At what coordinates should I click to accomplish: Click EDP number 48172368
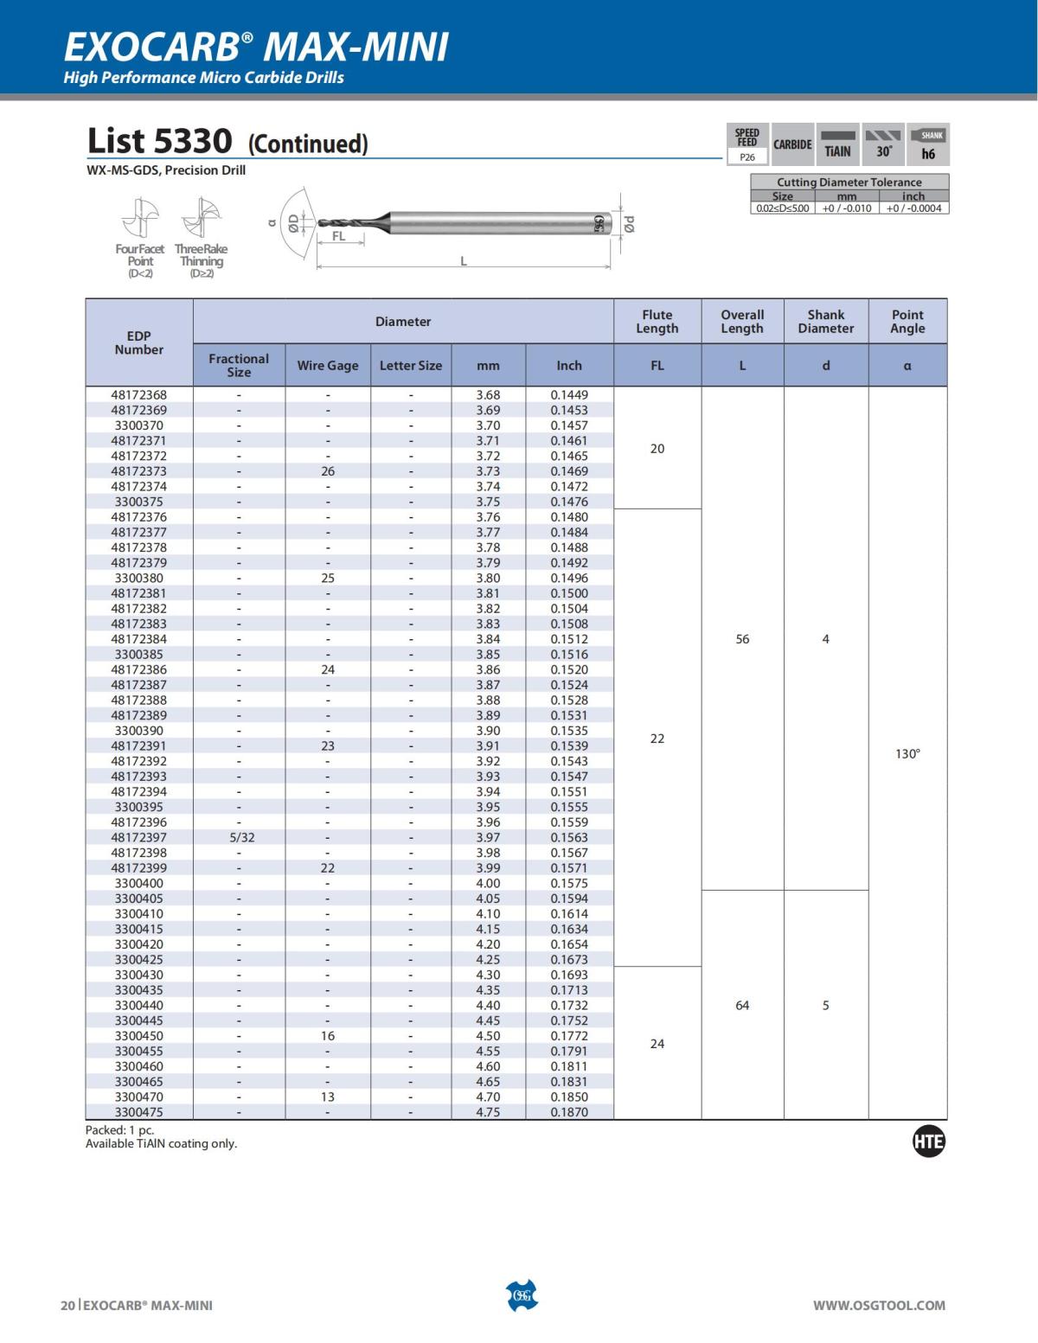[x=138, y=394]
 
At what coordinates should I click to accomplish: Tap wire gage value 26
[x=328, y=471]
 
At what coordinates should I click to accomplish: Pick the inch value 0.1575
[x=569, y=883]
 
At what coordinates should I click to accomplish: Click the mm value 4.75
[x=488, y=1112]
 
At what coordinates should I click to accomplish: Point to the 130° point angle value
[x=907, y=754]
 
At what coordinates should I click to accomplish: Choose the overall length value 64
[x=742, y=1005]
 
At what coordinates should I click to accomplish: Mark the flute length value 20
[x=657, y=448]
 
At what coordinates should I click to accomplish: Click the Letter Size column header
[x=411, y=366]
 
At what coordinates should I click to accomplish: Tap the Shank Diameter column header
[x=825, y=322]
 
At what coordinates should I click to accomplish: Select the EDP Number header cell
[x=138, y=342]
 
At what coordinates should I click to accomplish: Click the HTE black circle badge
[x=929, y=1142]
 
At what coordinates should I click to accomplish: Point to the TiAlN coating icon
[x=837, y=144]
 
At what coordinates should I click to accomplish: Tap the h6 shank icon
[x=929, y=144]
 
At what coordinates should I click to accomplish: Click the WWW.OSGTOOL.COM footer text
[x=879, y=1305]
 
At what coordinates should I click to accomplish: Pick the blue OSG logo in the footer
[x=522, y=1295]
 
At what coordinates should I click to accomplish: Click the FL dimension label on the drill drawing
[x=338, y=236]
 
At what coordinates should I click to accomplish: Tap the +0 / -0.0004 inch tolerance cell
[x=913, y=208]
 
